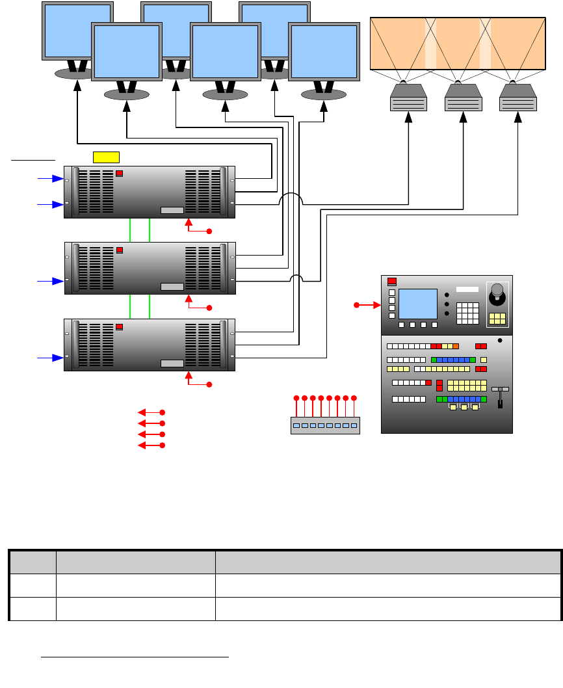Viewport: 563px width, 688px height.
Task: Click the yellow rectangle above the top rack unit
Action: [107, 156]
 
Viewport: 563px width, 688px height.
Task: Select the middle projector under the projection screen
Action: [464, 99]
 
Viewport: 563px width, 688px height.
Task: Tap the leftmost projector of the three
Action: [408, 99]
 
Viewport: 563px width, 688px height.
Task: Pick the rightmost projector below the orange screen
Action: [518, 99]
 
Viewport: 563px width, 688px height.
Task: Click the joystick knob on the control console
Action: [497, 290]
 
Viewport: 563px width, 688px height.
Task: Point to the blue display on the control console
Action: [417, 304]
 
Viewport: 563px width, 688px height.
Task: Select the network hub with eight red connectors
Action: [324, 425]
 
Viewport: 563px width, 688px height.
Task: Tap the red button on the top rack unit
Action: [119, 174]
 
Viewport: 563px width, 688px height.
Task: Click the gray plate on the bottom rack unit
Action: [172, 364]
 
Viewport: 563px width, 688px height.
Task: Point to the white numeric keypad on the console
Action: [467, 313]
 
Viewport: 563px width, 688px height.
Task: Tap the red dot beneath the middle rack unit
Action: [209, 308]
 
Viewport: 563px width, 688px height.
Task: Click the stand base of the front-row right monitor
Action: [324, 94]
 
